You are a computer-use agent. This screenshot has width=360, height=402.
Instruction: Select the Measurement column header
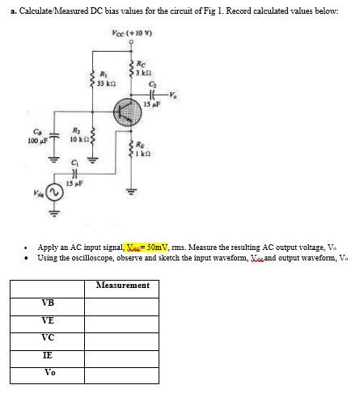pos(122,285)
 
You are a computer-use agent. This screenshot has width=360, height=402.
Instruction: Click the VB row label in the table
pos(49,303)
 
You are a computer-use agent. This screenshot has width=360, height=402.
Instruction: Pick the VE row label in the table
pos(49,319)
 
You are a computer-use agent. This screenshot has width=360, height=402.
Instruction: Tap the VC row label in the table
pos(49,336)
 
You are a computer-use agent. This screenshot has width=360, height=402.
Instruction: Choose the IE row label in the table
pos(49,354)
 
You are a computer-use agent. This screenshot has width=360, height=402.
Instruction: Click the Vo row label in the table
pos(50,371)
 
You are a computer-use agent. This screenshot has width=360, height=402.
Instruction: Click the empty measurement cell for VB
pos(121,303)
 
